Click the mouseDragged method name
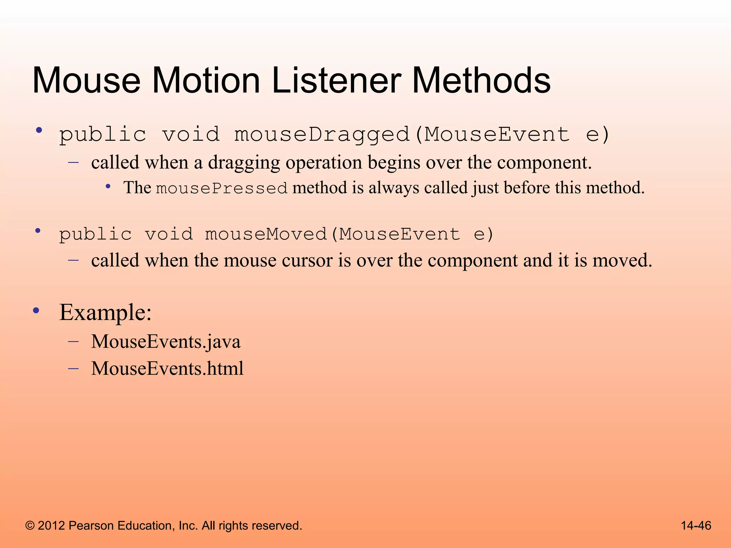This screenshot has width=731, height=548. click(321, 135)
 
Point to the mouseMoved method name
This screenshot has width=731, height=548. click(266, 234)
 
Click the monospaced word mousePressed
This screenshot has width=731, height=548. click(222, 188)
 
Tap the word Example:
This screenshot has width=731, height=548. click(105, 313)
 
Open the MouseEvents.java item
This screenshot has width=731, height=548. click(166, 342)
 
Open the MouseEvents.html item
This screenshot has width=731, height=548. click(167, 369)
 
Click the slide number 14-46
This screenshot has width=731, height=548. click(696, 526)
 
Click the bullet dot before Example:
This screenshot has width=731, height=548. click(36, 311)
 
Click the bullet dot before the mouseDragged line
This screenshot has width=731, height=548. click(39, 131)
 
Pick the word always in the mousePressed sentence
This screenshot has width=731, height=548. click(394, 188)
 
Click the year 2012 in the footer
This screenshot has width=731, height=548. click(51, 526)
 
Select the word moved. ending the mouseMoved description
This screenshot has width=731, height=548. click(622, 260)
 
